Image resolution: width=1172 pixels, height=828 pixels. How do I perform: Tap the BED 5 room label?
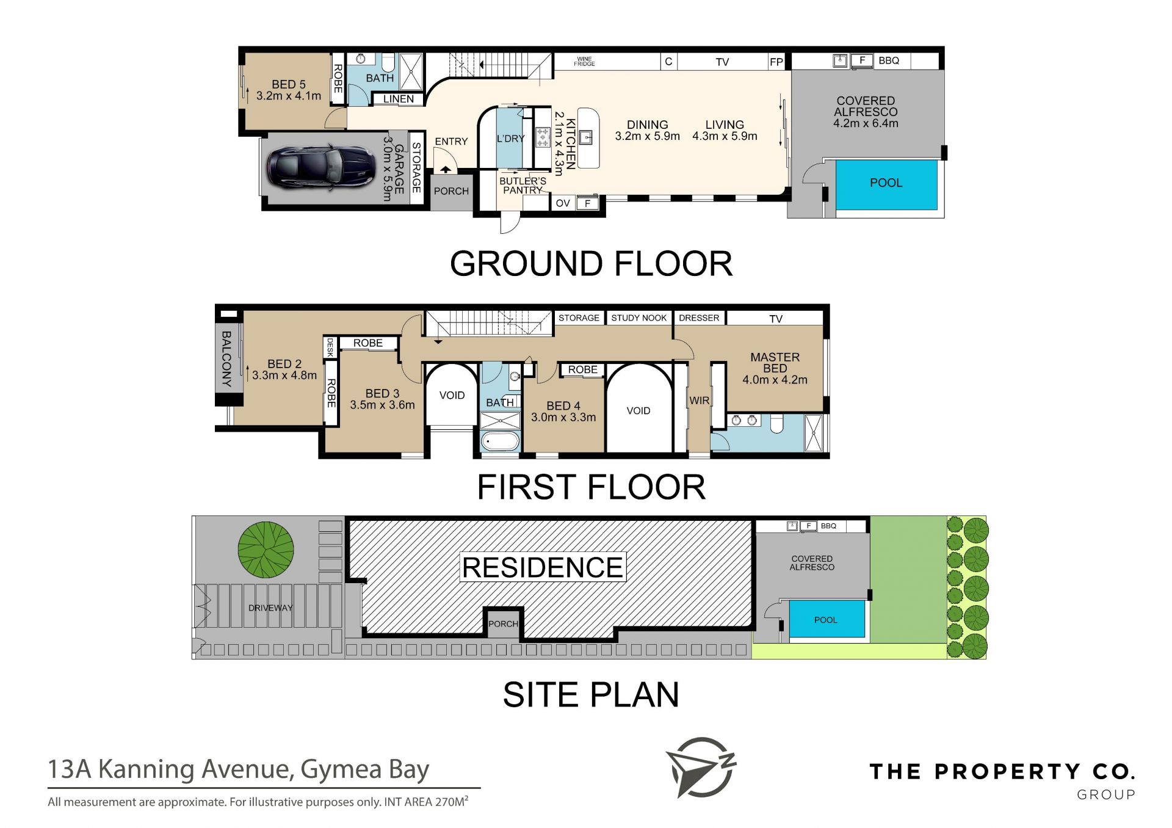pyautogui.click(x=289, y=84)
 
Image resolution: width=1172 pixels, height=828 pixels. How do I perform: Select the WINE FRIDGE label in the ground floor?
pyautogui.click(x=584, y=62)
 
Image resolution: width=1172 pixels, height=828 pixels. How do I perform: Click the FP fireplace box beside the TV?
pyautogui.click(x=776, y=62)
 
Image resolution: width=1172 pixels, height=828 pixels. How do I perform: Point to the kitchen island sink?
pyautogui.click(x=585, y=136)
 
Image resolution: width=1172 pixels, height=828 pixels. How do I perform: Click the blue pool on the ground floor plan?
pyautogui.click(x=886, y=184)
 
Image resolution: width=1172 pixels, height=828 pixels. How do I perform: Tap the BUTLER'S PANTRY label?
pyautogui.click(x=523, y=186)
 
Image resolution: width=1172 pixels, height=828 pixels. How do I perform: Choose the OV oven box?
pyautogui.click(x=563, y=203)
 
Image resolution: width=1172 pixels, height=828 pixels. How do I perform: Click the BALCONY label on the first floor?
pyautogui.click(x=226, y=359)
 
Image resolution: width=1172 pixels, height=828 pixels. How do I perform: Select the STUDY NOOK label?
pyautogui.click(x=638, y=318)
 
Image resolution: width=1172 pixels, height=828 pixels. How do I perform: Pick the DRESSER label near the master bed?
pyautogui.click(x=699, y=318)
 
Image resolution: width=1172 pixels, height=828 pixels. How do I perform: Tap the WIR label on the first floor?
pyautogui.click(x=700, y=401)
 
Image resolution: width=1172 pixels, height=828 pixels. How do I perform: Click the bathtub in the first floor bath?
pyautogui.click(x=501, y=441)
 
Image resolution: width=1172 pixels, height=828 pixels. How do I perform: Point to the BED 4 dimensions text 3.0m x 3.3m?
pyautogui.click(x=563, y=417)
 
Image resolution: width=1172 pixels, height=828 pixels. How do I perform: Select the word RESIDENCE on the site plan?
pyautogui.click(x=543, y=567)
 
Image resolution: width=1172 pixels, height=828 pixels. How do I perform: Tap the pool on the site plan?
pyautogui.click(x=827, y=619)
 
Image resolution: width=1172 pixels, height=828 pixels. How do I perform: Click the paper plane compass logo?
pyautogui.click(x=700, y=768)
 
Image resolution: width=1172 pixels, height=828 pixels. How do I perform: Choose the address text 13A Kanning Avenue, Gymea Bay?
pyautogui.click(x=239, y=769)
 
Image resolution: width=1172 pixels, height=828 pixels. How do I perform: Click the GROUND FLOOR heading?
pyautogui.click(x=591, y=264)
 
